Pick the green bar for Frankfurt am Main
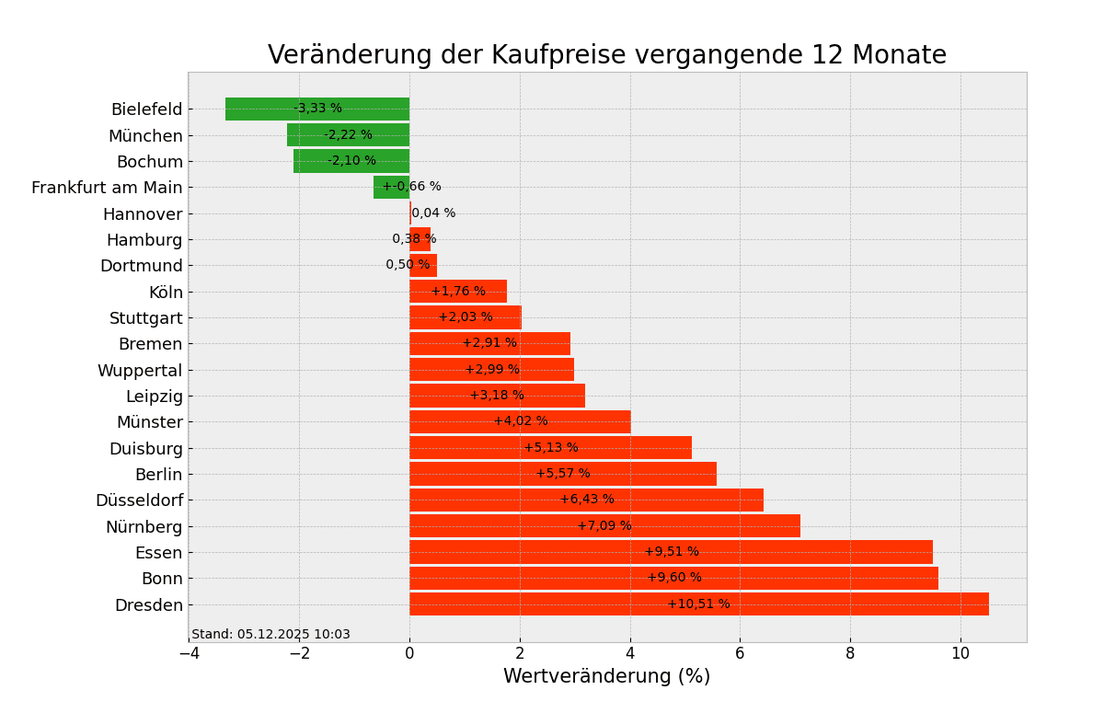tap(391, 188)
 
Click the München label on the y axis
tap(145, 136)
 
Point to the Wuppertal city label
tap(140, 371)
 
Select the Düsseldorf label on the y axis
tap(139, 500)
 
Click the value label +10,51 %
tap(698, 604)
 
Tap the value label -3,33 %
tap(317, 109)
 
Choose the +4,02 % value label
tap(521, 421)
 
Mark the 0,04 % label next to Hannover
tap(433, 213)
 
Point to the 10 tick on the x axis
tap(960, 653)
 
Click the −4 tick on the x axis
tap(189, 653)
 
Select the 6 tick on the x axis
tap(740, 653)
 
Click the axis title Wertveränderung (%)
tap(606, 677)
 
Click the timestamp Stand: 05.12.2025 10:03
tap(270, 635)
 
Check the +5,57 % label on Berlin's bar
tap(563, 474)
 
